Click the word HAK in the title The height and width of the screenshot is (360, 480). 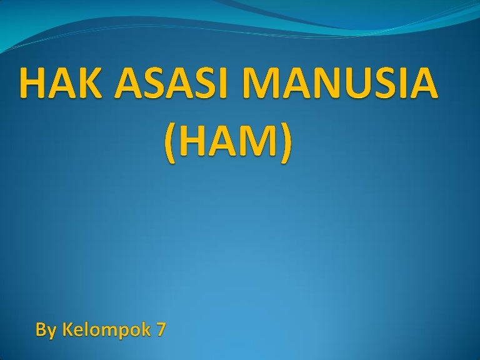(60, 82)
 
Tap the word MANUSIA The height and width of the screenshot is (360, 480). (339, 82)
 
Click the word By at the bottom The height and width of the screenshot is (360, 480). (46, 331)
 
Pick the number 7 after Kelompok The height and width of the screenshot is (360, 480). (161, 329)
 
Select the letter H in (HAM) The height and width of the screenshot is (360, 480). (190, 141)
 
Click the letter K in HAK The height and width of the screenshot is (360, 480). (89, 82)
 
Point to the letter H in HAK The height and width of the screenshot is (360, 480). (32, 82)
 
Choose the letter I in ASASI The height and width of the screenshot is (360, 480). (225, 82)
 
